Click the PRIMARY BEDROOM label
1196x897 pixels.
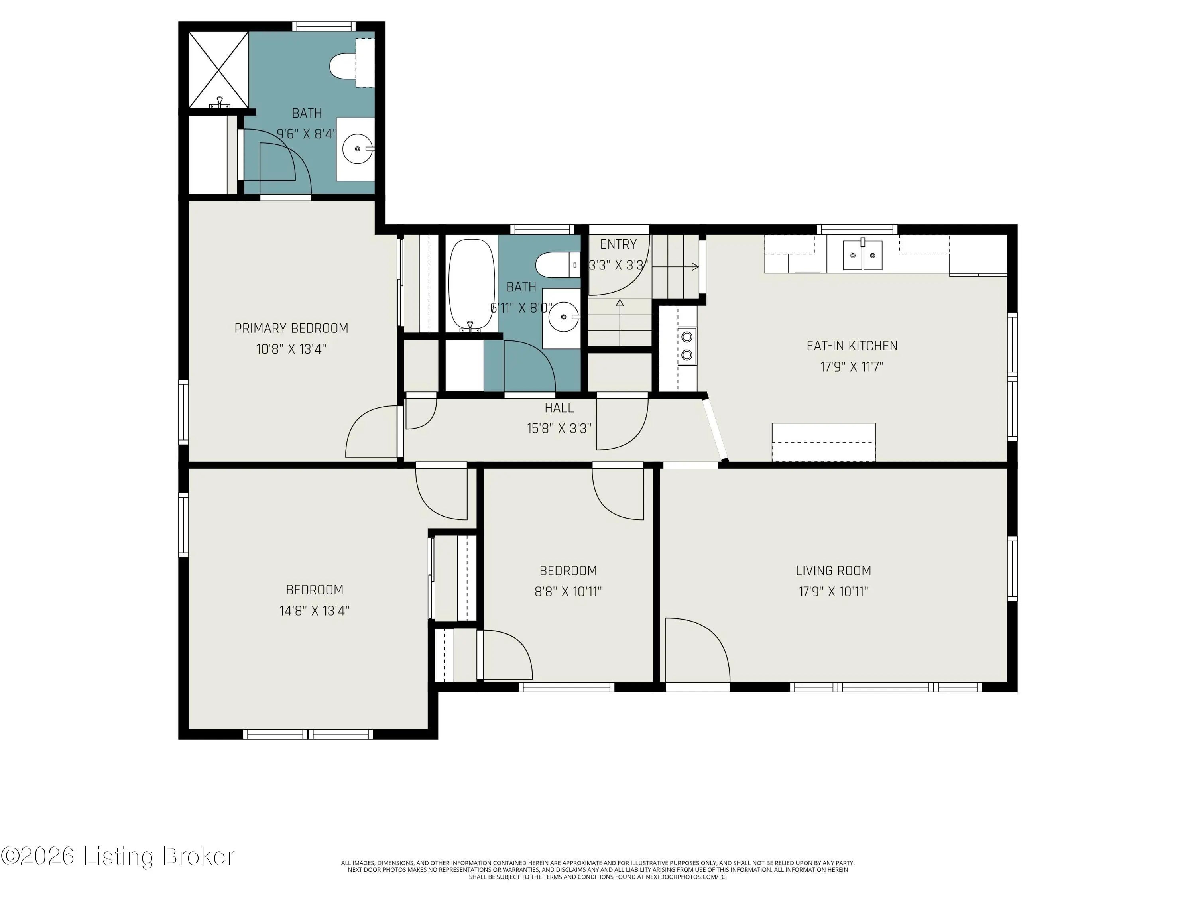(291, 328)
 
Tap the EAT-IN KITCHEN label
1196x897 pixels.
(852, 346)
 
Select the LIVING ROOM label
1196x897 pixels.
(833, 570)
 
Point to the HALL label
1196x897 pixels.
(559, 408)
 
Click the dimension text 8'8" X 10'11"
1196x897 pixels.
(568, 592)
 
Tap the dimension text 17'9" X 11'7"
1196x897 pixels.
(852, 367)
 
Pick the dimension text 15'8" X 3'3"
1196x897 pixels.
(559, 428)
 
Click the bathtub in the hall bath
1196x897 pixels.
(472, 285)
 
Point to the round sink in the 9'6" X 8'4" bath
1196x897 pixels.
(357, 149)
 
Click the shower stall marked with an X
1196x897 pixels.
(218, 70)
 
